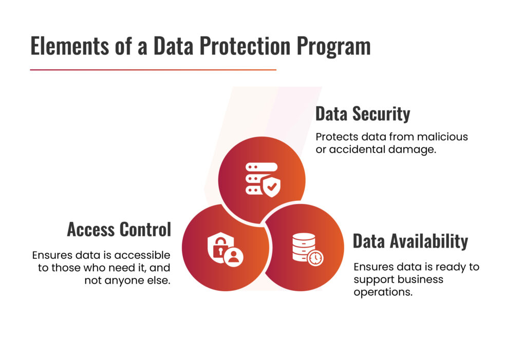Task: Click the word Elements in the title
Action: coord(69,46)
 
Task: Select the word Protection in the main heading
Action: coord(245,46)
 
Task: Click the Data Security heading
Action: coord(363,114)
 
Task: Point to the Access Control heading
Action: coord(119,230)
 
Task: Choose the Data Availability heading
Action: coord(410,241)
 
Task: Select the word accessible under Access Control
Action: coord(142,255)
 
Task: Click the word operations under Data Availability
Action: coord(383,292)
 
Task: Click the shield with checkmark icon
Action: coord(271,187)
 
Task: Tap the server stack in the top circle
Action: coord(259,178)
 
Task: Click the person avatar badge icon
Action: coord(234,257)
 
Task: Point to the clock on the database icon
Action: coord(315,258)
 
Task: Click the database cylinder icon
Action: coord(304,247)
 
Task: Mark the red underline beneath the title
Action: coord(153,70)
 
